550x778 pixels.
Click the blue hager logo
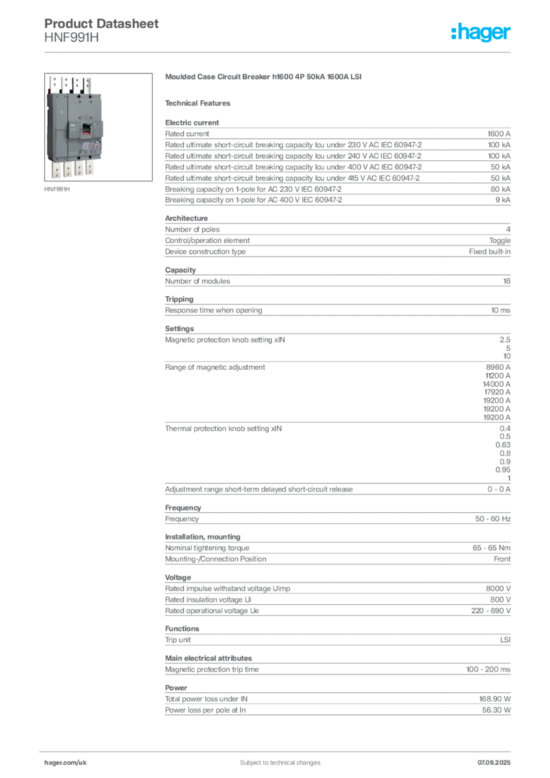482,33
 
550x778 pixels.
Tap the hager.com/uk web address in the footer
65,759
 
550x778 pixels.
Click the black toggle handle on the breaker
87,126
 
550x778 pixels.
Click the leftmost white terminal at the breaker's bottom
57,169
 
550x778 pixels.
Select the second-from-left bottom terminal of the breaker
68,170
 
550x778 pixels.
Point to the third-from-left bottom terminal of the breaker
80,170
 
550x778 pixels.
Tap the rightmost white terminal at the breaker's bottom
91,169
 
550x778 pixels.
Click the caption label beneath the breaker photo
58,190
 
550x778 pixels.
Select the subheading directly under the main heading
201,103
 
